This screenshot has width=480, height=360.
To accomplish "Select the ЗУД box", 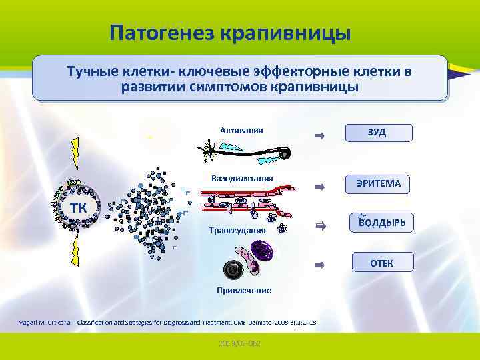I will pyautogui.click(x=377, y=132).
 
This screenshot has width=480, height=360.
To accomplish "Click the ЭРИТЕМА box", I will pyautogui.click(x=377, y=183).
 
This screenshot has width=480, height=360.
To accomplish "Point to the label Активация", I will pyautogui.click(x=241, y=130).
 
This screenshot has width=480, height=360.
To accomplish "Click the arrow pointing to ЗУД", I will pyautogui.click(x=319, y=136).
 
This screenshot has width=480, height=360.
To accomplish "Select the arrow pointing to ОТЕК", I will pyautogui.click(x=319, y=265).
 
